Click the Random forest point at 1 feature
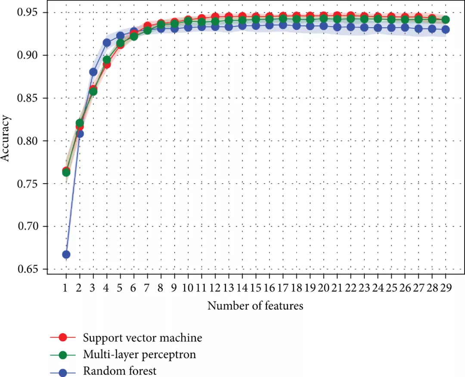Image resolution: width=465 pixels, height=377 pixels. [66, 255]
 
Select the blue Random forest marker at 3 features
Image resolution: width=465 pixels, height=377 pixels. [93, 72]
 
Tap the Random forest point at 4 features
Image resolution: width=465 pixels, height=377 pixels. [107, 43]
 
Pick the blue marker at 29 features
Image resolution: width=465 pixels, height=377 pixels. [445, 29]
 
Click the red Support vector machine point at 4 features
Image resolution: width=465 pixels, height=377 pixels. [107, 65]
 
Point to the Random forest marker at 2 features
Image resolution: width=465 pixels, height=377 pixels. [80, 134]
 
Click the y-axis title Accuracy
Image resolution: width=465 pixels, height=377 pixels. [6, 141]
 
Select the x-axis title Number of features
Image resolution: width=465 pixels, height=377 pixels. [255, 306]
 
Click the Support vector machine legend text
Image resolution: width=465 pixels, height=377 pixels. [143, 337]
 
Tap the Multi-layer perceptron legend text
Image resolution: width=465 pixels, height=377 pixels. [139, 355]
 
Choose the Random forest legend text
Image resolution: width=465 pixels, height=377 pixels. [120, 371]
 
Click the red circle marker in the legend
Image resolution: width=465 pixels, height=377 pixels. [63, 337]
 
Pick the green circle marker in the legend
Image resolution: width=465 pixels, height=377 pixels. [63, 355]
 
